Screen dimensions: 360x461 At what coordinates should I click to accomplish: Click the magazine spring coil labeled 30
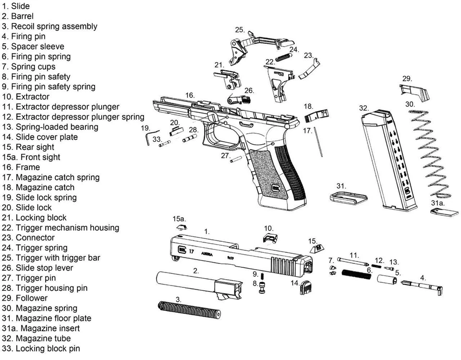pyautogui.click(x=430, y=154)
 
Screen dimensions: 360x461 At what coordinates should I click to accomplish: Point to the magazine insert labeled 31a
pyautogui.click(x=443, y=212)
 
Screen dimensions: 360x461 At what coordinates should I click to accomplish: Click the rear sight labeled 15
pyautogui.click(x=317, y=248)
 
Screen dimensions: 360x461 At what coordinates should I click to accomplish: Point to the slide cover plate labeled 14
pyautogui.click(x=306, y=287)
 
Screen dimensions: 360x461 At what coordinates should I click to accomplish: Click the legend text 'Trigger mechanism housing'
pyautogui.click(x=67, y=227)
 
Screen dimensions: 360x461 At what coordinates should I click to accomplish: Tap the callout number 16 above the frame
pyautogui.click(x=190, y=95)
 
